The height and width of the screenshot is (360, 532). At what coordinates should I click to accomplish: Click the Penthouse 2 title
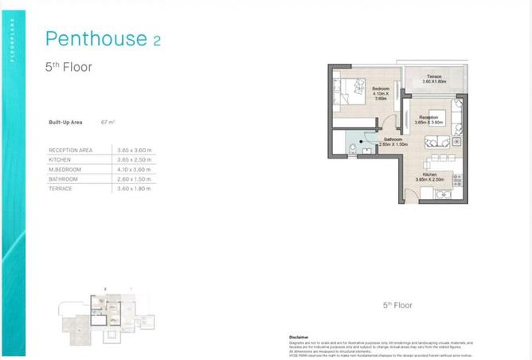click(103, 38)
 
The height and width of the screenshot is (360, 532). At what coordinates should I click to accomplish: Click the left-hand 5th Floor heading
click(68, 68)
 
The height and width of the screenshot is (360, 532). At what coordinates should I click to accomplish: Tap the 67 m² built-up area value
click(108, 122)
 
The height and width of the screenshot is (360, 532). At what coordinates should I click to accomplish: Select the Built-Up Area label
click(65, 122)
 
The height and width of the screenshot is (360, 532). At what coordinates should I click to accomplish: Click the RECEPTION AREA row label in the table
click(70, 150)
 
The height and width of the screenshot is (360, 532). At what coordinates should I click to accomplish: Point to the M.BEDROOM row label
click(66, 169)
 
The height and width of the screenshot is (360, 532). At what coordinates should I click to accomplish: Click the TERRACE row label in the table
click(61, 189)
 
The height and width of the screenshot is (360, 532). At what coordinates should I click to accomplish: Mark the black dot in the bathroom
click(362, 143)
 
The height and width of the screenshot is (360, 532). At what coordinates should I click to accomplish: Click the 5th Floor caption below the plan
click(396, 305)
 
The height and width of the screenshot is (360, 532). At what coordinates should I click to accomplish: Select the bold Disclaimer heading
click(298, 337)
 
